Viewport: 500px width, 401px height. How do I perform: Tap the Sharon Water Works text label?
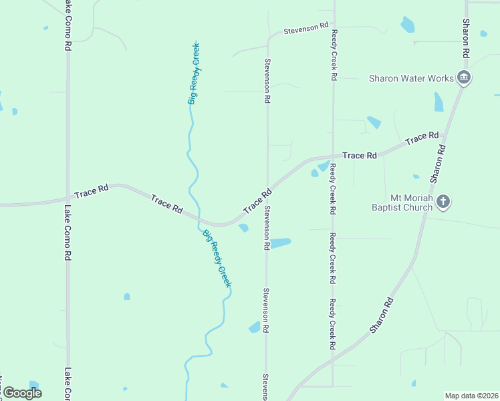(x=411, y=78)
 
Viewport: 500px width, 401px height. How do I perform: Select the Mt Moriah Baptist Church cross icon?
(x=443, y=201)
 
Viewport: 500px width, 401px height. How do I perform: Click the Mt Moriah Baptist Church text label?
(x=402, y=203)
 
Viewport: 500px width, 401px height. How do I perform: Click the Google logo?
(x=22, y=393)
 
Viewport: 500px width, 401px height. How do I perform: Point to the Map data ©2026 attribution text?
(x=471, y=396)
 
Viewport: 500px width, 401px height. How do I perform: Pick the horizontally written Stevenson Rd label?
(x=305, y=29)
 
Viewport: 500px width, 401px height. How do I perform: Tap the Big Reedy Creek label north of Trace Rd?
(x=194, y=74)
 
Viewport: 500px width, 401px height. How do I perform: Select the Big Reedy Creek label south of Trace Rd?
(x=217, y=259)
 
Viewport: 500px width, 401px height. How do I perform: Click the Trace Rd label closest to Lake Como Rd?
(x=92, y=192)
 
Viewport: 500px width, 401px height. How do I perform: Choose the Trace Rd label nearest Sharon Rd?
(x=422, y=138)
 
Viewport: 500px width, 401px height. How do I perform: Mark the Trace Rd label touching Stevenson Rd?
(x=257, y=201)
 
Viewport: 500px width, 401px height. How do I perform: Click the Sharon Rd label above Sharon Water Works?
(x=466, y=38)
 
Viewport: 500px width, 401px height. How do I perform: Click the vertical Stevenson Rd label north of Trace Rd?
(x=267, y=80)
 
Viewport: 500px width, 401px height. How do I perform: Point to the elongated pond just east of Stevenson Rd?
(x=281, y=243)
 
